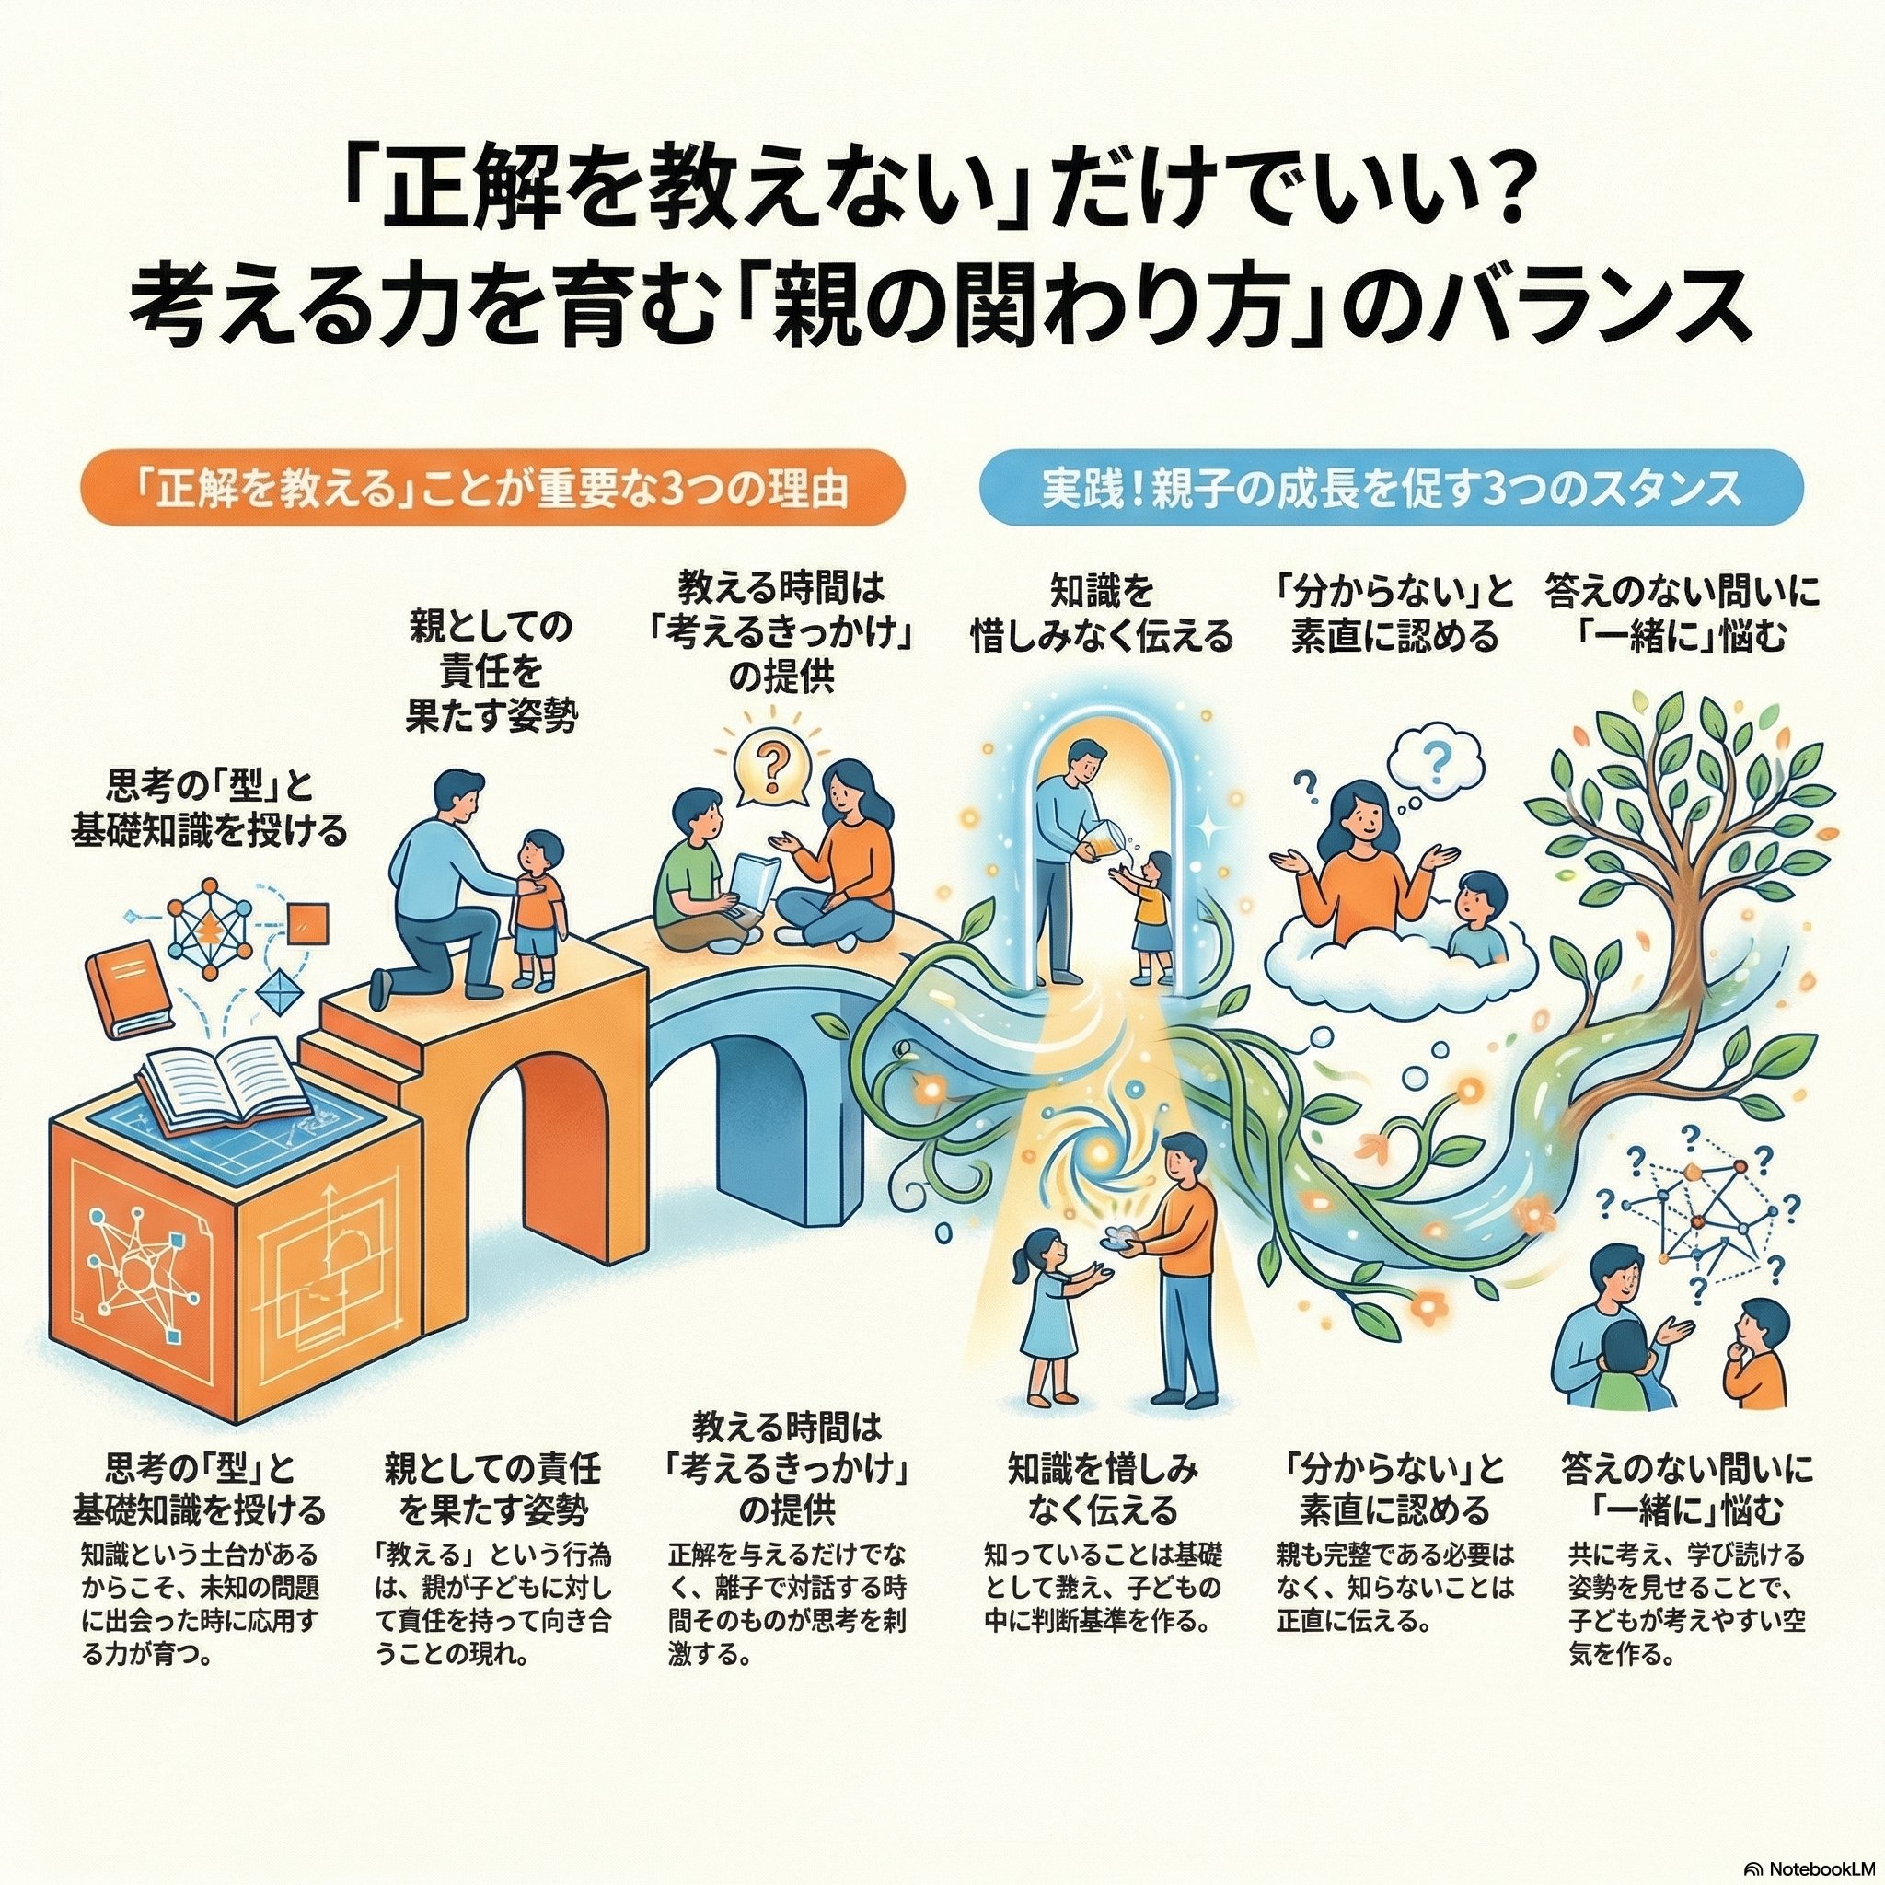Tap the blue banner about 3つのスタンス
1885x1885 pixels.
tap(1391, 489)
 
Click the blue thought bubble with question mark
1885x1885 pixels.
tap(1437, 764)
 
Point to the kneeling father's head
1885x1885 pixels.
tap(457, 800)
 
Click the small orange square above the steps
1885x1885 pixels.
tap(310, 923)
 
